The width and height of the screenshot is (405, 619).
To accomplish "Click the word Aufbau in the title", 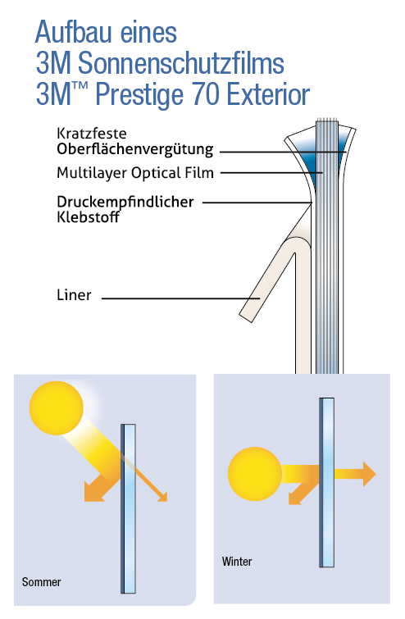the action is click(x=75, y=32).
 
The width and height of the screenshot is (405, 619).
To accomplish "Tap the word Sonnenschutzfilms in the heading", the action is click(x=181, y=64).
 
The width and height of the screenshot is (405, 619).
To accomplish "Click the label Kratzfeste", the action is click(x=92, y=134).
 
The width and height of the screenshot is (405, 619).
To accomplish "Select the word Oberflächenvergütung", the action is click(x=135, y=149).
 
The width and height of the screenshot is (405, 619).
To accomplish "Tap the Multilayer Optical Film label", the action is click(x=135, y=173).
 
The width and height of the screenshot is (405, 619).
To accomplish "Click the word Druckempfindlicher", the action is click(x=125, y=202).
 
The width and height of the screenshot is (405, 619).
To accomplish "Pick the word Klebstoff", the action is click(x=88, y=217).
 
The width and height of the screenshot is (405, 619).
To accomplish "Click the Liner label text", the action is click(x=74, y=295).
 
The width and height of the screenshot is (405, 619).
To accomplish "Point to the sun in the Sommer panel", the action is click(x=57, y=408).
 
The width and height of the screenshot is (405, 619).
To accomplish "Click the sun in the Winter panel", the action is click(x=255, y=474).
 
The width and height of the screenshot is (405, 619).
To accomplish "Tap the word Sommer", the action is click(x=42, y=582).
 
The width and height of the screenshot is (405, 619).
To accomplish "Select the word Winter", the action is click(x=237, y=562).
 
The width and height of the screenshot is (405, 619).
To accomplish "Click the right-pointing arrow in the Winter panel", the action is click(x=355, y=474).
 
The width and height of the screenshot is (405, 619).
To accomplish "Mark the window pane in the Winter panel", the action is click(x=327, y=482).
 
